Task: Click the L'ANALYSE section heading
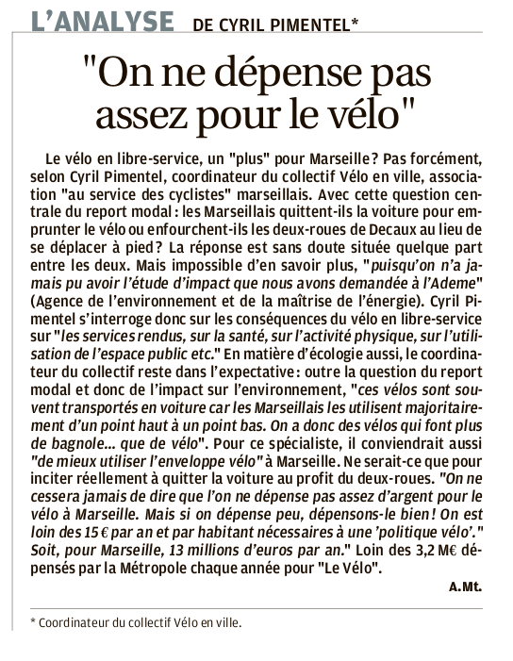[x=102, y=21]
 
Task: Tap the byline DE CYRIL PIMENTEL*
[x=275, y=24]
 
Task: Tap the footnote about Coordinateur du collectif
[x=136, y=622]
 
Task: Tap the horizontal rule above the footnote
[x=256, y=607]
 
